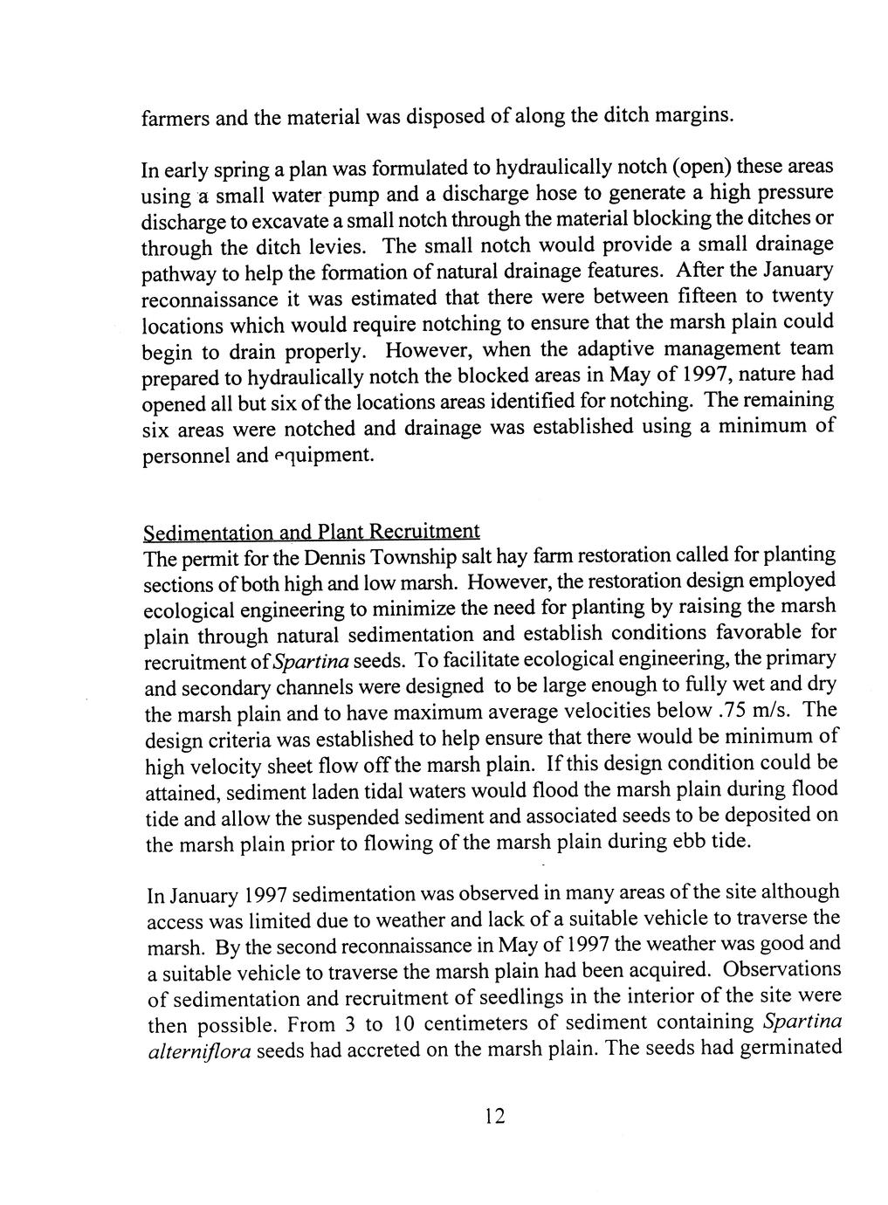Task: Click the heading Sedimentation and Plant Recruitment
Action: click(312, 532)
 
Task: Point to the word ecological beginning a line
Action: click(183, 609)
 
